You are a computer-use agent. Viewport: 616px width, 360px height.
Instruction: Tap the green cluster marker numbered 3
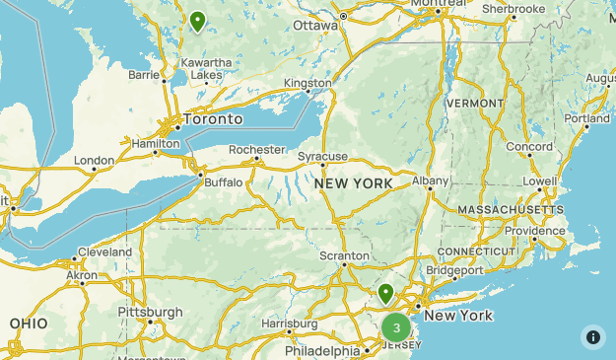click(x=396, y=327)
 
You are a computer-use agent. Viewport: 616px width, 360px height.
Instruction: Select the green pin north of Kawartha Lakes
click(x=198, y=21)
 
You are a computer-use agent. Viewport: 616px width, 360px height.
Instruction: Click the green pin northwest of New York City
click(x=386, y=293)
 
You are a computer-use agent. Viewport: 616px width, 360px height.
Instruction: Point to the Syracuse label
click(x=323, y=156)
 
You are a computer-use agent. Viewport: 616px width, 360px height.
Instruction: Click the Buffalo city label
click(x=224, y=182)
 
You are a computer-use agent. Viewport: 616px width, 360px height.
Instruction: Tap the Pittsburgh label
click(x=150, y=312)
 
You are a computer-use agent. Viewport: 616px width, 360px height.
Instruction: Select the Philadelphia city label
click(x=322, y=351)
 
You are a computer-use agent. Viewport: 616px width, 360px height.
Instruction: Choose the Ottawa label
click(x=315, y=25)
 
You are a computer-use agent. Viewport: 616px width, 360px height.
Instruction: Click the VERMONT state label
click(x=475, y=103)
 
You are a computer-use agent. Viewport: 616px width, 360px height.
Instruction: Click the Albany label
click(x=431, y=180)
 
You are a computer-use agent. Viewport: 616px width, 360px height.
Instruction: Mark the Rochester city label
click(x=256, y=150)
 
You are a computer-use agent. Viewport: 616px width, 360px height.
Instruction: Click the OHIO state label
click(x=29, y=324)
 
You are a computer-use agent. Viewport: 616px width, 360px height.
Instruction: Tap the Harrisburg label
click(x=290, y=324)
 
